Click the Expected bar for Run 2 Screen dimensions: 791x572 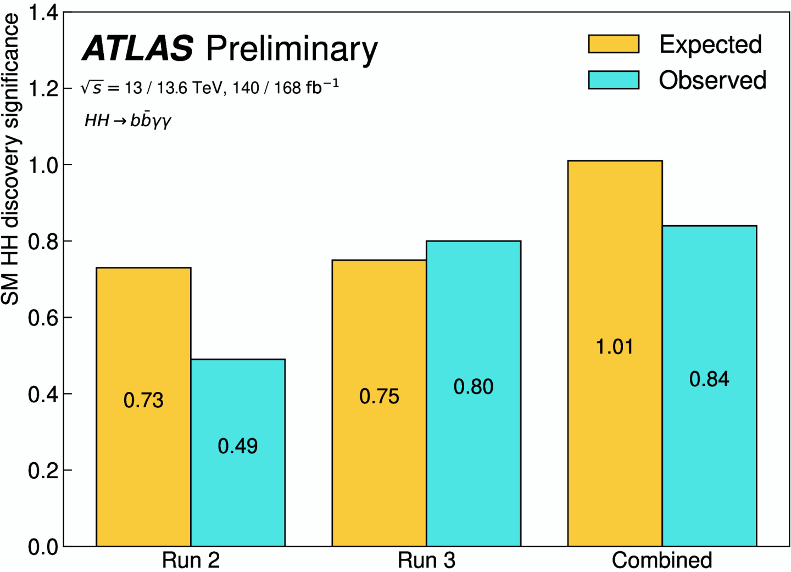point(144,407)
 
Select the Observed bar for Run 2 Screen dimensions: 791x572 point(238,453)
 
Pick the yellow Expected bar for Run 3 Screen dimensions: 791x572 point(379,403)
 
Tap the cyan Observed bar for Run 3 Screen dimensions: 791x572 point(474,394)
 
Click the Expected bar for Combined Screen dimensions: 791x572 point(615,354)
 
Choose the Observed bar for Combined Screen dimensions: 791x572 point(710,386)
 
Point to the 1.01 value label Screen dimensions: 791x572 point(615,346)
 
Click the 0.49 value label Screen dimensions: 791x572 point(238,446)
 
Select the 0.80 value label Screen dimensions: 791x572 point(473,386)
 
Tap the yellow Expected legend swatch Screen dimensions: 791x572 point(614,44)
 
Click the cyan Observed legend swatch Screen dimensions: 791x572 point(614,80)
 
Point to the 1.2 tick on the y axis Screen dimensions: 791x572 point(43,88)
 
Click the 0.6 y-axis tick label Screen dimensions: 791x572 point(43,318)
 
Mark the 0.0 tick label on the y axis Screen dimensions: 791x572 point(43,547)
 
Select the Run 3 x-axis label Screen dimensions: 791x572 point(427,560)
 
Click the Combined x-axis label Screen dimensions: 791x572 point(662,560)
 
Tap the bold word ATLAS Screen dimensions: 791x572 point(138,48)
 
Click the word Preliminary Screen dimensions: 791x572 point(292,50)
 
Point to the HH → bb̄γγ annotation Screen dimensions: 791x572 point(128,121)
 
